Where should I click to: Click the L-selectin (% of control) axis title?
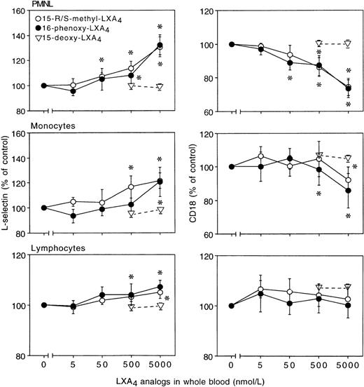6,190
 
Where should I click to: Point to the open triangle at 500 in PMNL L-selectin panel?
131,86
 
